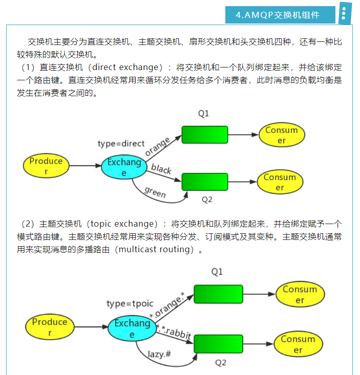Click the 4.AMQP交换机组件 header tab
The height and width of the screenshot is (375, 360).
coord(281,15)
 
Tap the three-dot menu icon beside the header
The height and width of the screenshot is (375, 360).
coord(345,15)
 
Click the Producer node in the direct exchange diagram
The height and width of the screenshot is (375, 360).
coord(46,166)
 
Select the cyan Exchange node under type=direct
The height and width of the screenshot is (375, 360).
coord(123,167)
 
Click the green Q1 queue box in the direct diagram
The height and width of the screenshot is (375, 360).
coord(204,135)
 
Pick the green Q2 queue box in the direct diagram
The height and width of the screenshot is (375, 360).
coord(204,182)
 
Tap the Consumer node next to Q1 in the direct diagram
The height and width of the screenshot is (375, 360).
coord(281,135)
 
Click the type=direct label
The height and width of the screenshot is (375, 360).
coord(121,144)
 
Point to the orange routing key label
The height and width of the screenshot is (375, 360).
coord(157,146)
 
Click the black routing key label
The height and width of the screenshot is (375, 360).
coord(161,169)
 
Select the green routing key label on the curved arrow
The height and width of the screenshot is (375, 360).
coord(155,192)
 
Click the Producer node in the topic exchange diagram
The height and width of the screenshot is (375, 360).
coord(50,327)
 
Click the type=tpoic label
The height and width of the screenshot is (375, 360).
coord(130,303)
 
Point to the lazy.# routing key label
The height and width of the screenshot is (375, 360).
coord(160,353)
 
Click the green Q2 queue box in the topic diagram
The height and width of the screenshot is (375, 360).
coord(218,343)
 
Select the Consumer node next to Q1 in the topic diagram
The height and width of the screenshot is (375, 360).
coord(300,295)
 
